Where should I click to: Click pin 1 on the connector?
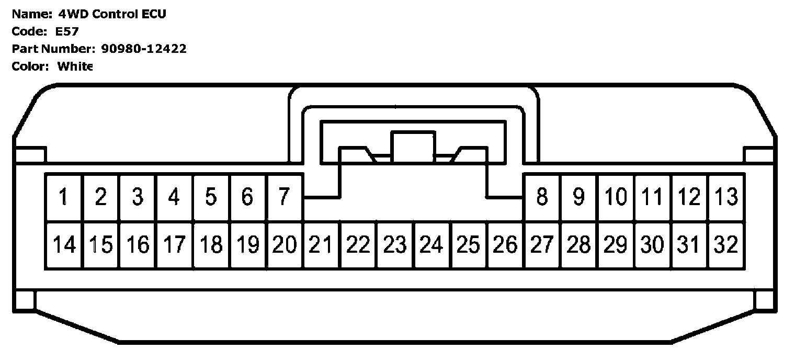(64, 197)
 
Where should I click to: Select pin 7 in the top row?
(284, 197)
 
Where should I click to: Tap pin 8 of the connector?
(542, 197)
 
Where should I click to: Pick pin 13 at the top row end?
(725, 197)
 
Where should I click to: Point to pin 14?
(64, 244)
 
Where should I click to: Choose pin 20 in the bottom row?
(285, 244)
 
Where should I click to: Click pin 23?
(395, 244)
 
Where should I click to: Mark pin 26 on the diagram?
(505, 244)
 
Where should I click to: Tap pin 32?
(725, 244)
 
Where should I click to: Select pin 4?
(174, 197)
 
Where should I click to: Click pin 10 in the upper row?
(616, 197)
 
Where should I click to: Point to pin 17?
(174, 244)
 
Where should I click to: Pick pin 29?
(615, 244)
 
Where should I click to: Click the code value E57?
(67, 31)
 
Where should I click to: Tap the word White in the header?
(75, 66)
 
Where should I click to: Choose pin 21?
(321, 244)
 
